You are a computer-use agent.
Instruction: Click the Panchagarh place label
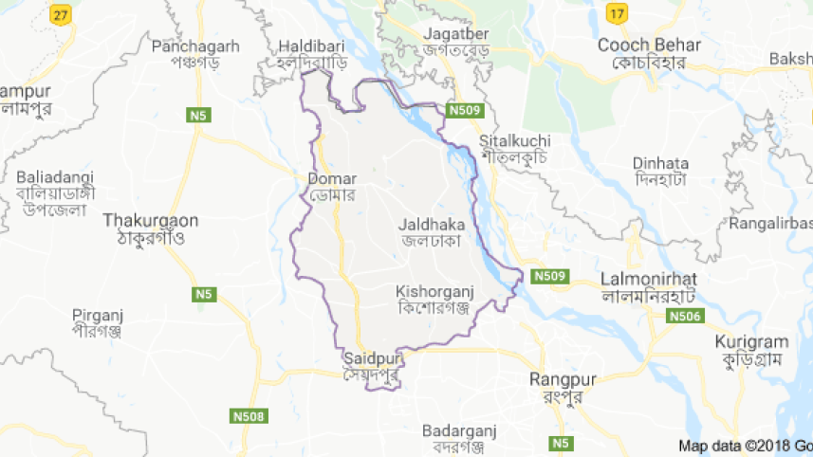coord(195,46)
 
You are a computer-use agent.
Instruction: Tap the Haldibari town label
coord(311,46)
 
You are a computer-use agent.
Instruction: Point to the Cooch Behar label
coord(649,45)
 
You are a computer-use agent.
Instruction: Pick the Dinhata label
coord(660,163)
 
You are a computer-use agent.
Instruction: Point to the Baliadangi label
coord(57,176)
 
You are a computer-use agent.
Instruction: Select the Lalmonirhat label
coord(649,279)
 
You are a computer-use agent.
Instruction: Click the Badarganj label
coord(459,429)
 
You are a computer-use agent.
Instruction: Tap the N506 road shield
coord(685,316)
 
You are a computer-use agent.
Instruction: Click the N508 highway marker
coord(249,415)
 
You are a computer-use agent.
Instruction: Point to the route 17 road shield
coord(617,14)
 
